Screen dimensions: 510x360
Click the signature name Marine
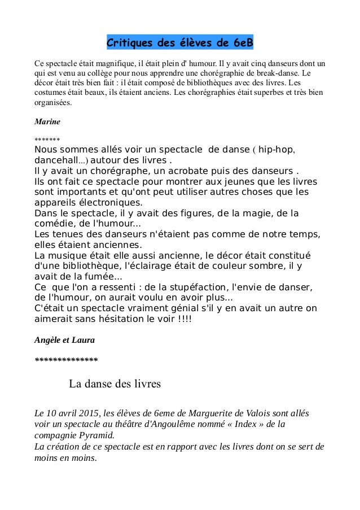tap(47, 121)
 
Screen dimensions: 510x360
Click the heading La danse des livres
tap(115, 385)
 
